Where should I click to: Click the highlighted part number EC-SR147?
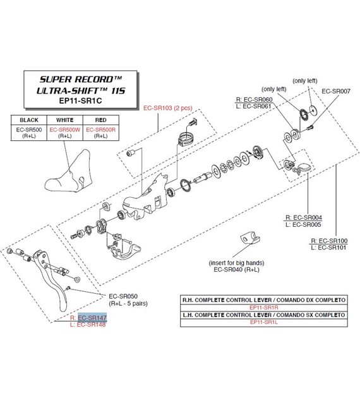92,318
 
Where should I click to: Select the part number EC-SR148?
91,324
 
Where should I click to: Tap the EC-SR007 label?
336,91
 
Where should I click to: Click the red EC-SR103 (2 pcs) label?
168,108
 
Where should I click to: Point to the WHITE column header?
64,120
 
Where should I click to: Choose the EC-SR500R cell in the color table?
100,130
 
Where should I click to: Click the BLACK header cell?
29,120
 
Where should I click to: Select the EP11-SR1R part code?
264,308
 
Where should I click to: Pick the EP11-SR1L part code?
264,322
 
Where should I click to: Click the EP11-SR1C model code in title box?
80,101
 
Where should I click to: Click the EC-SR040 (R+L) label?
236,270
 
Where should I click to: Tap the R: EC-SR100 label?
329,241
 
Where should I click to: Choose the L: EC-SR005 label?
303,225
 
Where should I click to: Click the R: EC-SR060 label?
254,100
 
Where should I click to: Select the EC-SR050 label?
123,296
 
